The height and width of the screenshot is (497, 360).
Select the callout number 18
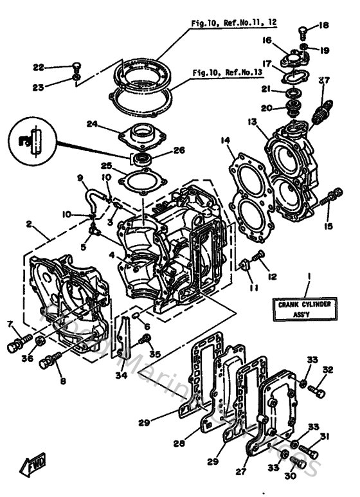(x=323, y=26)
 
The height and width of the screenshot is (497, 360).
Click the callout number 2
(x=28, y=224)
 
